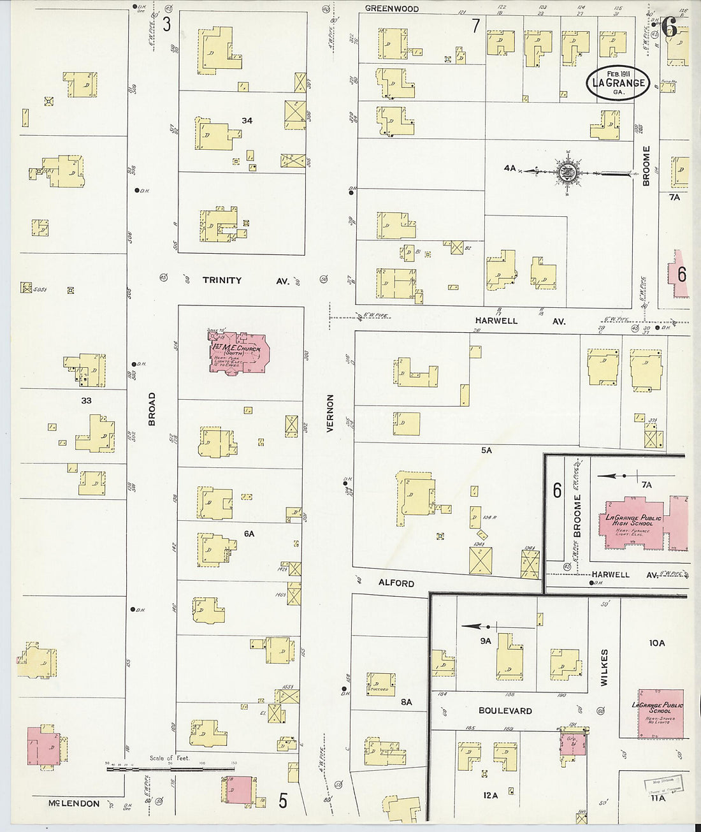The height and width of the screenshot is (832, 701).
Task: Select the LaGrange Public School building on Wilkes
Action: pyautogui.click(x=661, y=713)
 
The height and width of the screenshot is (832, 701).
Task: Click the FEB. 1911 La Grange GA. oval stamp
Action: pyautogui.click(x=618, y=83)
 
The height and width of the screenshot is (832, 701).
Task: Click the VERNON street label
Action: pyautogui.click(x=330, y=413)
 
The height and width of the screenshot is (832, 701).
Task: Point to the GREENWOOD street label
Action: pyautogui.click(x=392, y=9)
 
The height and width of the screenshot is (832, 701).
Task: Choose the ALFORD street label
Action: pyautogui.click(x=396, y=583)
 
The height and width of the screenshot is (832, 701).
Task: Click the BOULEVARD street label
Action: pyautogui.click(x=505, y=710)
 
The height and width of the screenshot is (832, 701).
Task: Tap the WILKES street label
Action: pyautogui.click(x=604, y=667)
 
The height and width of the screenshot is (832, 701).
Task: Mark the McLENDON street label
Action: pyautogui.click(x=74, y=803)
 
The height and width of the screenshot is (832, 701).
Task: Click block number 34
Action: pyautogui.click(x=247, y=120)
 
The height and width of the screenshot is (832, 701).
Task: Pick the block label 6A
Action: pyautogui.click(x=249, y=533)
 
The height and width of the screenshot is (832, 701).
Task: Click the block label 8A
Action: pyautogui.click(x=407, y=702)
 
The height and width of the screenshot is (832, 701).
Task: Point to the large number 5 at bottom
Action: pyautogui.click(x=283, y=800)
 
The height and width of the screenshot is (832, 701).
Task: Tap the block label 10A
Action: pyautogui.click(x=656, y=643)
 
